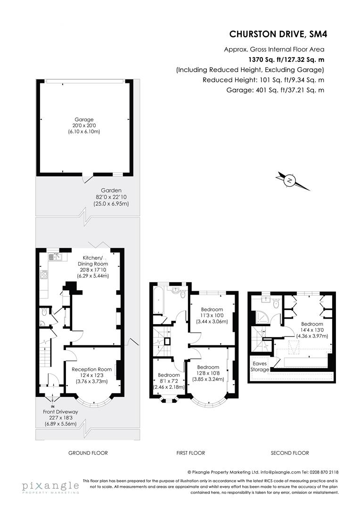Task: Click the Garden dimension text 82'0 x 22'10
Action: (x=111, y=197)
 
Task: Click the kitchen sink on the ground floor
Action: (x=56, y=257)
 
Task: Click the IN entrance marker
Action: (x=53, y=406)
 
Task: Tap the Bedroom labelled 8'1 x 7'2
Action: (x=169, y=375)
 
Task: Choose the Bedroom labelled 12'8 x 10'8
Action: (x=208, y=367)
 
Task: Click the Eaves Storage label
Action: (x=261, y=367)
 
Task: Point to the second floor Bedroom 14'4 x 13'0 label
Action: (x=312, y=324)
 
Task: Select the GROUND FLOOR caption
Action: (x=88, y=453)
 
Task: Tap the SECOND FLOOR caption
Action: (x=290, y=453)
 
